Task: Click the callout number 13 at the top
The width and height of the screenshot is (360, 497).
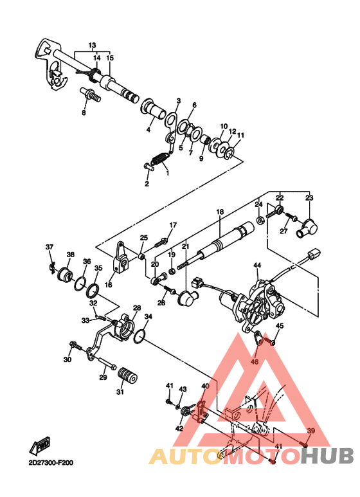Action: (x=92, y=45)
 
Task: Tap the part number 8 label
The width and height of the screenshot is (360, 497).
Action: (x=83, y=113)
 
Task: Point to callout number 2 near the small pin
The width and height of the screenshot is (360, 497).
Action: (x=147, y=184)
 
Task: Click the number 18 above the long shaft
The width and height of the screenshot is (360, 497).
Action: (x=219, y=212)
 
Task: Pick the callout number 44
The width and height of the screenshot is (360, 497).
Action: (x=256, y=265)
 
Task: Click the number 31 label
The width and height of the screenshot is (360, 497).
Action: (x=120, y=392)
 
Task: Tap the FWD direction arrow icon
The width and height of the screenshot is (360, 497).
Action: (x=42, y=445)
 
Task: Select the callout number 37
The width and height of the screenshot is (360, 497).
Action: (x=49, y=247)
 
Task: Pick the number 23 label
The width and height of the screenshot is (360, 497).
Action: (x=309, y=197)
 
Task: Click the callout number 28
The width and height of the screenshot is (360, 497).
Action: (x=136, y=308)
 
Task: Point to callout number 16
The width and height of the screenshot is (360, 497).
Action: (x=108, y=284)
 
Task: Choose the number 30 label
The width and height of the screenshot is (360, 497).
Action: (x=67, y=359)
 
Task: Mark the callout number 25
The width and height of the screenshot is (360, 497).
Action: (x=144, y=237)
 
